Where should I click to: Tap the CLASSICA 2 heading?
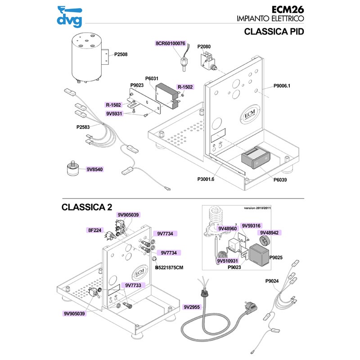(86, 207)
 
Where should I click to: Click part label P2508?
(121, 54)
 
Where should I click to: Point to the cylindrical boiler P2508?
(86, 60)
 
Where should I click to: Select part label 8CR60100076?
(170, 44)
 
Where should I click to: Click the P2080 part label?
(204, 46)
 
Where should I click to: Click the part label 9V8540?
(95, 170)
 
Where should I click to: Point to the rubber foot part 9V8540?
(72, 168)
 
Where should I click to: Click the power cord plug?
(250, 309)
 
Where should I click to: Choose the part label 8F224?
(94, 230)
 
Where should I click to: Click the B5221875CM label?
(170, 267)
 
